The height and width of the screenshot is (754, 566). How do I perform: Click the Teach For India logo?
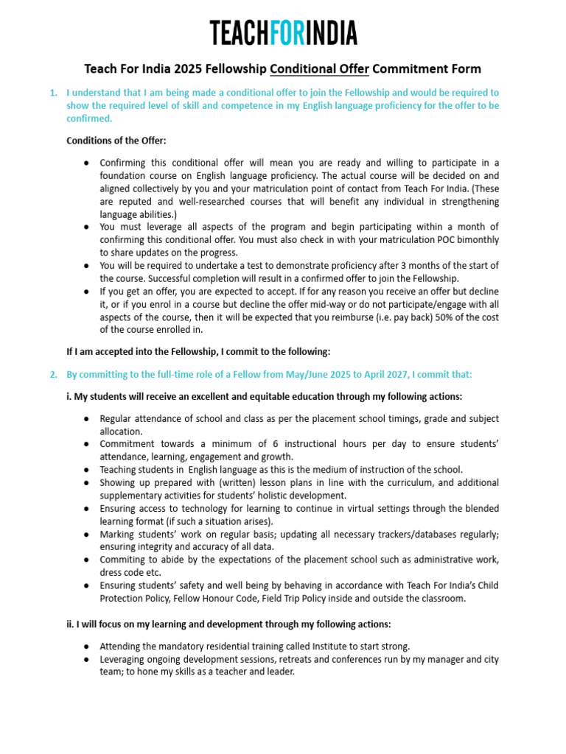(x=283, y=33)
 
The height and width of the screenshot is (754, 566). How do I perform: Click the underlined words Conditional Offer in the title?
(x=319, y=69)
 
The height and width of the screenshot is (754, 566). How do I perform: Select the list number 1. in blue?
(x=53, y=94)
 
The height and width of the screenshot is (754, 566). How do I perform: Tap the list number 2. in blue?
(x=53, y=375)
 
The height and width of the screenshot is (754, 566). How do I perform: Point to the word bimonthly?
(x=472, y=240)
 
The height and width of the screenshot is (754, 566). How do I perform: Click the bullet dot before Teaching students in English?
(x=87, y=470)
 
